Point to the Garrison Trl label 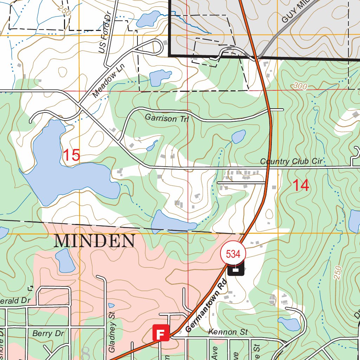point(167,119)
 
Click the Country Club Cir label point(291,161)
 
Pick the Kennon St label point(228,332)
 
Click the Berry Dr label point(48,333)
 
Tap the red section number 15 point(71,155)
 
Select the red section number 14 point(301,185)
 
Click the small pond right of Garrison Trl point(239,136)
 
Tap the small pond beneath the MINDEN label point(65,261)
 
